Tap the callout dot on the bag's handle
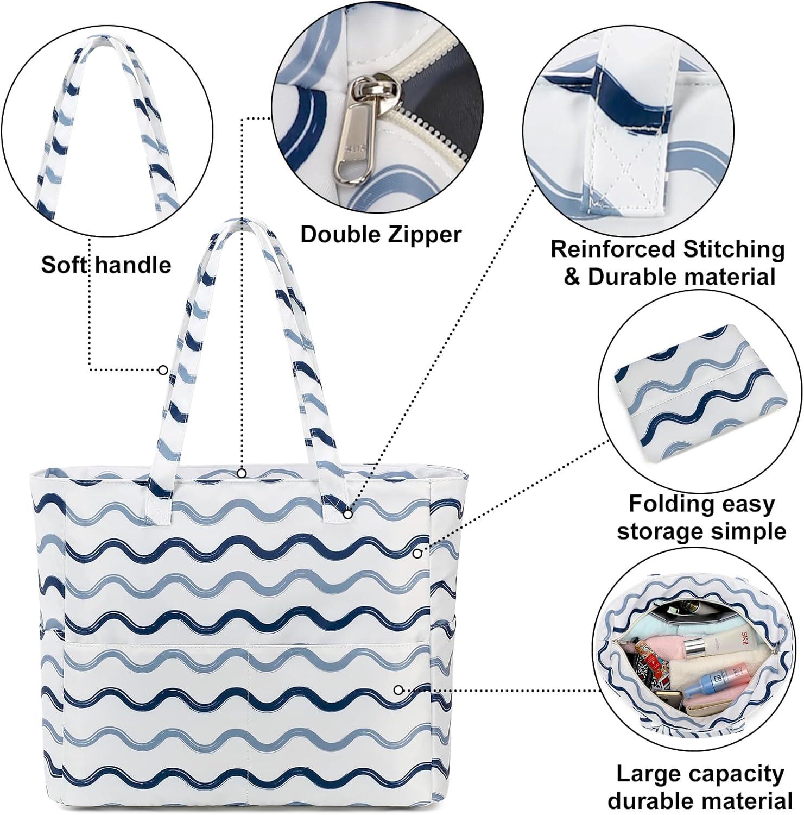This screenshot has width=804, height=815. click(162, 370)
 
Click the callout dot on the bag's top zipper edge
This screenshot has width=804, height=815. click(242, 472)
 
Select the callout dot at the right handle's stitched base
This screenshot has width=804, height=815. click(347, 513)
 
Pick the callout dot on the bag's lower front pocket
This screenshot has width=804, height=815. click(398, 689)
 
